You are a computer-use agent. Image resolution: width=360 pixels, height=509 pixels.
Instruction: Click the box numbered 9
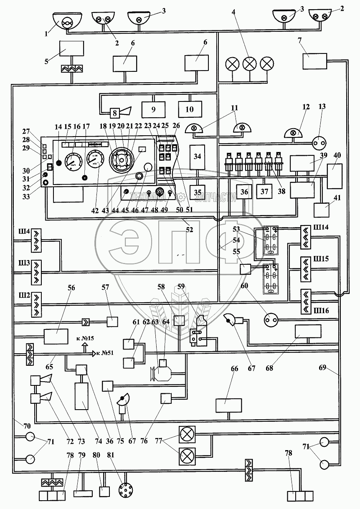(x=153, y=110)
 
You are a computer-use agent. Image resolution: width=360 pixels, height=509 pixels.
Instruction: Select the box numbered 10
(x=190, y=109)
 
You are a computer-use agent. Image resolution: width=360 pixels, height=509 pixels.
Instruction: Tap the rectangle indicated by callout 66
(x=228, y=405)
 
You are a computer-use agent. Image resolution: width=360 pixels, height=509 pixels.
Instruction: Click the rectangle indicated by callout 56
(x=56, y=336)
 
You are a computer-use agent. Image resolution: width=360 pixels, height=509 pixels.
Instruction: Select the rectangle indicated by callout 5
(x=71, y=48)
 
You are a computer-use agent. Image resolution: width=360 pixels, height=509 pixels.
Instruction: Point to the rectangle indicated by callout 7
(x=314, y=61)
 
